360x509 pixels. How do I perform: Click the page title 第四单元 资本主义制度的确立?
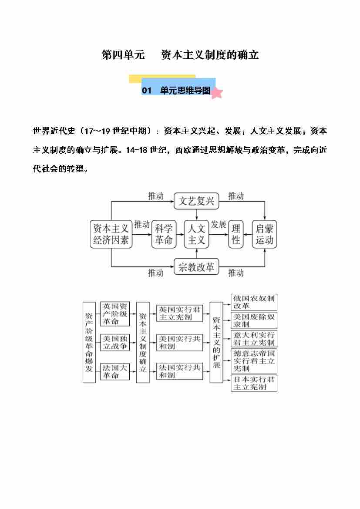tap(180, 55)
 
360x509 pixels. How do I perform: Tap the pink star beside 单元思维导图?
tap(217, 92)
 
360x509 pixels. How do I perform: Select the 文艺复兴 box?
tap(197, 201)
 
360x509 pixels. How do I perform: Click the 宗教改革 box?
tap(197, 267)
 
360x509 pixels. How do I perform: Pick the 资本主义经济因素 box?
tap(111, 234)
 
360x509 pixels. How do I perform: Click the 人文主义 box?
tap(196, 234)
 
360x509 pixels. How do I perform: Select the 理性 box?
tap(236, 234)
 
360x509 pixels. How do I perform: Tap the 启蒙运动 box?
tap(264, 234)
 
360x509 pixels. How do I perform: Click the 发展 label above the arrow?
tap(218, 225)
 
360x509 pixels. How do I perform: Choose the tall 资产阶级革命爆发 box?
tap(89, 342)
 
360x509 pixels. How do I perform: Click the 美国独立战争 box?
tap(115, 342)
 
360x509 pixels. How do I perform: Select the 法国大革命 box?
tap(115, 371)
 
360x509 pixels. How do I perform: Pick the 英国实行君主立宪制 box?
tap(179, 313)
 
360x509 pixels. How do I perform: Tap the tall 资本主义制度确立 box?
tap(143, 342)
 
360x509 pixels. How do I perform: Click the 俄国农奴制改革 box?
tap(254, 302)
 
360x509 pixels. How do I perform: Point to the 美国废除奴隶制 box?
tap(254, 320)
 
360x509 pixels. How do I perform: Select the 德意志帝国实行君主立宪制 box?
tap(254, 361)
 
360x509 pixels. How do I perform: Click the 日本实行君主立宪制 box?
tap(254, 383)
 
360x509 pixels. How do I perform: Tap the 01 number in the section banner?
tap(147, 91)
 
